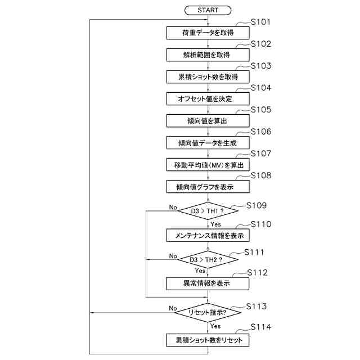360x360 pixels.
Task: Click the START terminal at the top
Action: (208, 10)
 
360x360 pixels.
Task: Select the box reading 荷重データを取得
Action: (208, 33)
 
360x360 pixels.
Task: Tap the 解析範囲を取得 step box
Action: (208, 55)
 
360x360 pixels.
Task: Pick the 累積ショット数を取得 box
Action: (208, 76)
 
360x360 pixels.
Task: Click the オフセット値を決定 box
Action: (208, 98)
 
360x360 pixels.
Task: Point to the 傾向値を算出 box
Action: (208, 120)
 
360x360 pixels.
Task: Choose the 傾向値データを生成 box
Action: (208, 142)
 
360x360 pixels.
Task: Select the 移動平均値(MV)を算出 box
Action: (208, 164)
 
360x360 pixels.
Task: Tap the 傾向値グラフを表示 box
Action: (208, 186)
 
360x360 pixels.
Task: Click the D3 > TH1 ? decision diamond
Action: (208, 211)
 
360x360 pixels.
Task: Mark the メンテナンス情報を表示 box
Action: (208, 235)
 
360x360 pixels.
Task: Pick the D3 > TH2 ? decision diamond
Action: (208, 260)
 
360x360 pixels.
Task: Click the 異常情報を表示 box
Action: (208, 283)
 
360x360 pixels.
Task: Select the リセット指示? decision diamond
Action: (208, 312)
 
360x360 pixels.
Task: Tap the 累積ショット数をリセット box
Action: (208, 340)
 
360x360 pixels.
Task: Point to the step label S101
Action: (260, 22)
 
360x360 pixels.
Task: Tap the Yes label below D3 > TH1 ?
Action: (215, 224)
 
